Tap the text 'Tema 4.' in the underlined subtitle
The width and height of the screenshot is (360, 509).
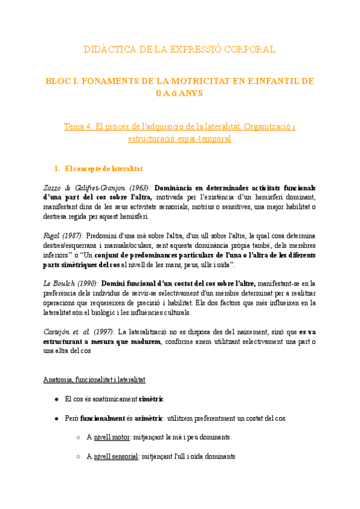tap(79, 127)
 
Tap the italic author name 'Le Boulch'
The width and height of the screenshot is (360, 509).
tap(58, 283)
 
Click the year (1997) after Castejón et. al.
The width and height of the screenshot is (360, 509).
tap(103, 331)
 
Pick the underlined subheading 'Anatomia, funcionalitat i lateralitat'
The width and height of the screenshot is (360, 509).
tap(94, 380)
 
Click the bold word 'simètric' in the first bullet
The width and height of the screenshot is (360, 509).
tap(151, 399)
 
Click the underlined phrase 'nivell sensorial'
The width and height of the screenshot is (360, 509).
tap(116, 457)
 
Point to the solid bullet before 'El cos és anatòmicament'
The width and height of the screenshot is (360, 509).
tap(56, 399)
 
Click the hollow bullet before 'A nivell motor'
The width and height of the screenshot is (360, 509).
tap(79, 438)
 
